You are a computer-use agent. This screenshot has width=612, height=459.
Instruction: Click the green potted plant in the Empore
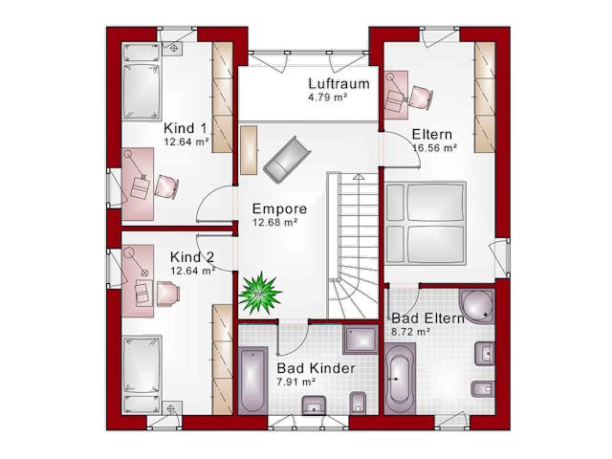pos(259,293)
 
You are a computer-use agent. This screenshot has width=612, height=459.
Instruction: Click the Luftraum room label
pos(339,83)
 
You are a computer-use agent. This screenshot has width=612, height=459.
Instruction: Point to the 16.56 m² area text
pos(435,148)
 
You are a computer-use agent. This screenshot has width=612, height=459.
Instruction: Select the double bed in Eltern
pos(426,223)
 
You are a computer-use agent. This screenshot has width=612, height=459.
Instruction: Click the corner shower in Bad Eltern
pos(476,305)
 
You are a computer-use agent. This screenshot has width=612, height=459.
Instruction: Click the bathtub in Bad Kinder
pos(252,381)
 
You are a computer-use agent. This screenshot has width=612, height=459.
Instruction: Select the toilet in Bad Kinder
pos(358,403)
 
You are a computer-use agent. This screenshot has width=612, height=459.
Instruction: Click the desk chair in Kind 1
pos(166,187)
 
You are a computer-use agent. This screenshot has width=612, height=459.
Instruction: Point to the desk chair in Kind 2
pos(168,293)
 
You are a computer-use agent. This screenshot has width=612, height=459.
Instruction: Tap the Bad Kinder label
pos(317,368)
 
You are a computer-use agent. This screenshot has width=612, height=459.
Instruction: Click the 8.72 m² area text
pos(410,332)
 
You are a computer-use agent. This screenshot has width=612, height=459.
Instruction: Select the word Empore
pos(279,208)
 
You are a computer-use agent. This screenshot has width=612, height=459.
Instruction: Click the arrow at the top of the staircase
pos(359,177)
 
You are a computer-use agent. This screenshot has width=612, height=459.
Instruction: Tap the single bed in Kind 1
pos(142,81)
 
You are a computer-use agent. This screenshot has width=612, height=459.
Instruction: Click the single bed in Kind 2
pos(142,375)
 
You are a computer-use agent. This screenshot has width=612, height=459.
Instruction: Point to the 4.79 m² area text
pos(328,97)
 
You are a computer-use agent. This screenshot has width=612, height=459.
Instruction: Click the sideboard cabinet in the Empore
pos(249,150)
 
